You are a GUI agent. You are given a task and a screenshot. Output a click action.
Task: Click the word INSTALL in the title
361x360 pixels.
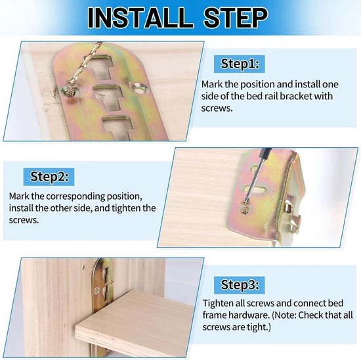140,18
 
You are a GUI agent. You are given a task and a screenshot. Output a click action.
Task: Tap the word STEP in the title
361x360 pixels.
236,18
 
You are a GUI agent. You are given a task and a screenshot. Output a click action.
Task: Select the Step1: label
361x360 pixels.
240,64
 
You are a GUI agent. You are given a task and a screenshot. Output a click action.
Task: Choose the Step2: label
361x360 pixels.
49,177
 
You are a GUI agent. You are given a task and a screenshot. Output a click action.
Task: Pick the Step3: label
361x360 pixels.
240,285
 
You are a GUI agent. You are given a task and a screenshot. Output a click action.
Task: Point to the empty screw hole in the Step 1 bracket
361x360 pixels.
139,88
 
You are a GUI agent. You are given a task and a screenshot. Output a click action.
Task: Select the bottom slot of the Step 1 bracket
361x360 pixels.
117,127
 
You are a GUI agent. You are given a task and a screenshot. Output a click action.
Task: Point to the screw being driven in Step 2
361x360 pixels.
245,207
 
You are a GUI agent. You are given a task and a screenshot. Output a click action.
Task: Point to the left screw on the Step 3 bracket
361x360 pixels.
97,290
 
